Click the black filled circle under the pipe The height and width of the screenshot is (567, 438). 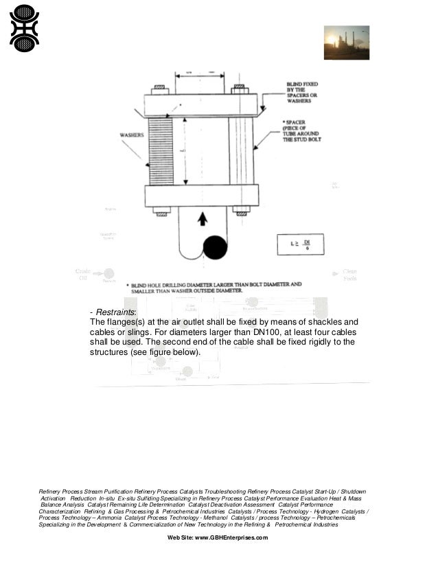[x=215, y=247]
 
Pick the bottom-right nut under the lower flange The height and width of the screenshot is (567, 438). [x=240, y=209]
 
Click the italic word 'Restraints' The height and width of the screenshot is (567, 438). [x=117, y=312]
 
